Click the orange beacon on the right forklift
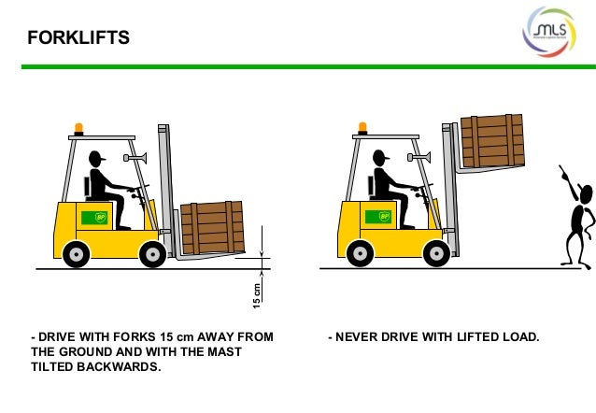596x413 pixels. [363, 129]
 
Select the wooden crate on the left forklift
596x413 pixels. [212, 228]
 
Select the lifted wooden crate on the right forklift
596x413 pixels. [491, 140]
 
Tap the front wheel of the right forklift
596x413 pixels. [435, 252]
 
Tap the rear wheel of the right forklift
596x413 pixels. [361, 252]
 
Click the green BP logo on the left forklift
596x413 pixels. [94, 218]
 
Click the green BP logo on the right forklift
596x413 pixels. [380, 218]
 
